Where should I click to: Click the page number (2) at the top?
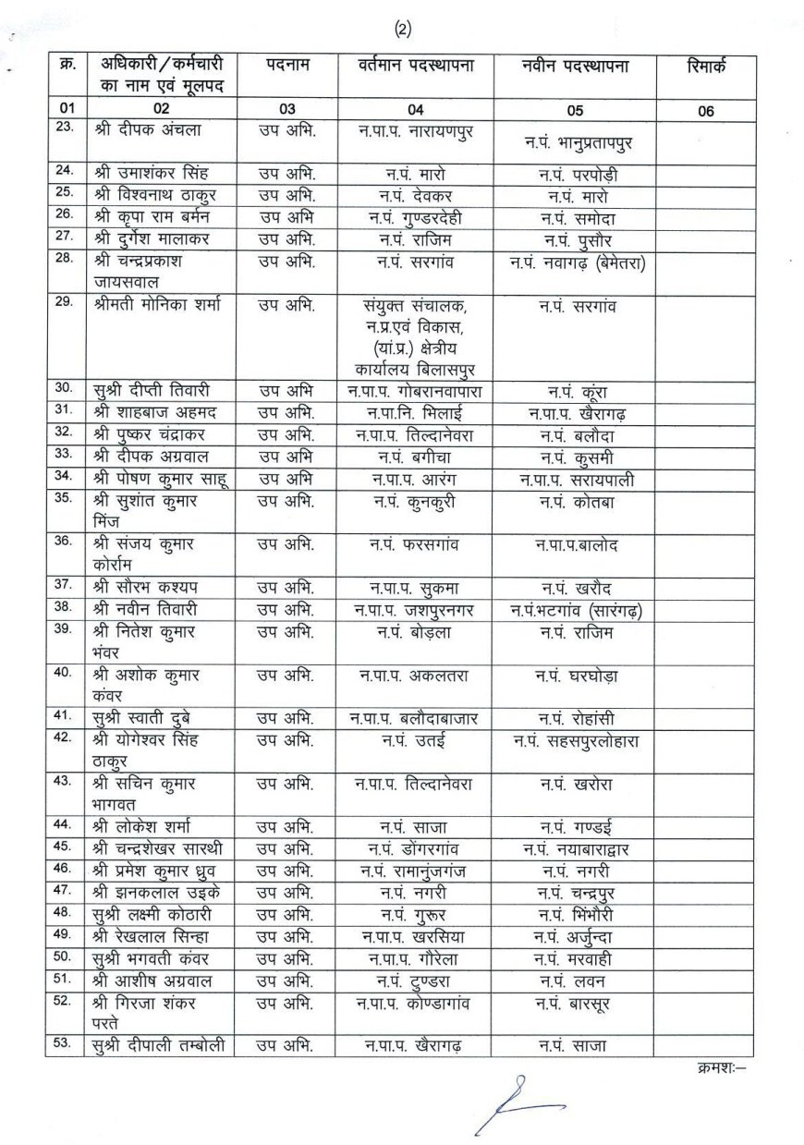click(x=402, y=30)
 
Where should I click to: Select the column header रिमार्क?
click(x=707, y=67)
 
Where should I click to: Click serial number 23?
click(x=65, y=128)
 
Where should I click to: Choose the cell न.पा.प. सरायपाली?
click(x=576, y=479)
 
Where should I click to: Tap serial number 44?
click(x=65, y=824)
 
